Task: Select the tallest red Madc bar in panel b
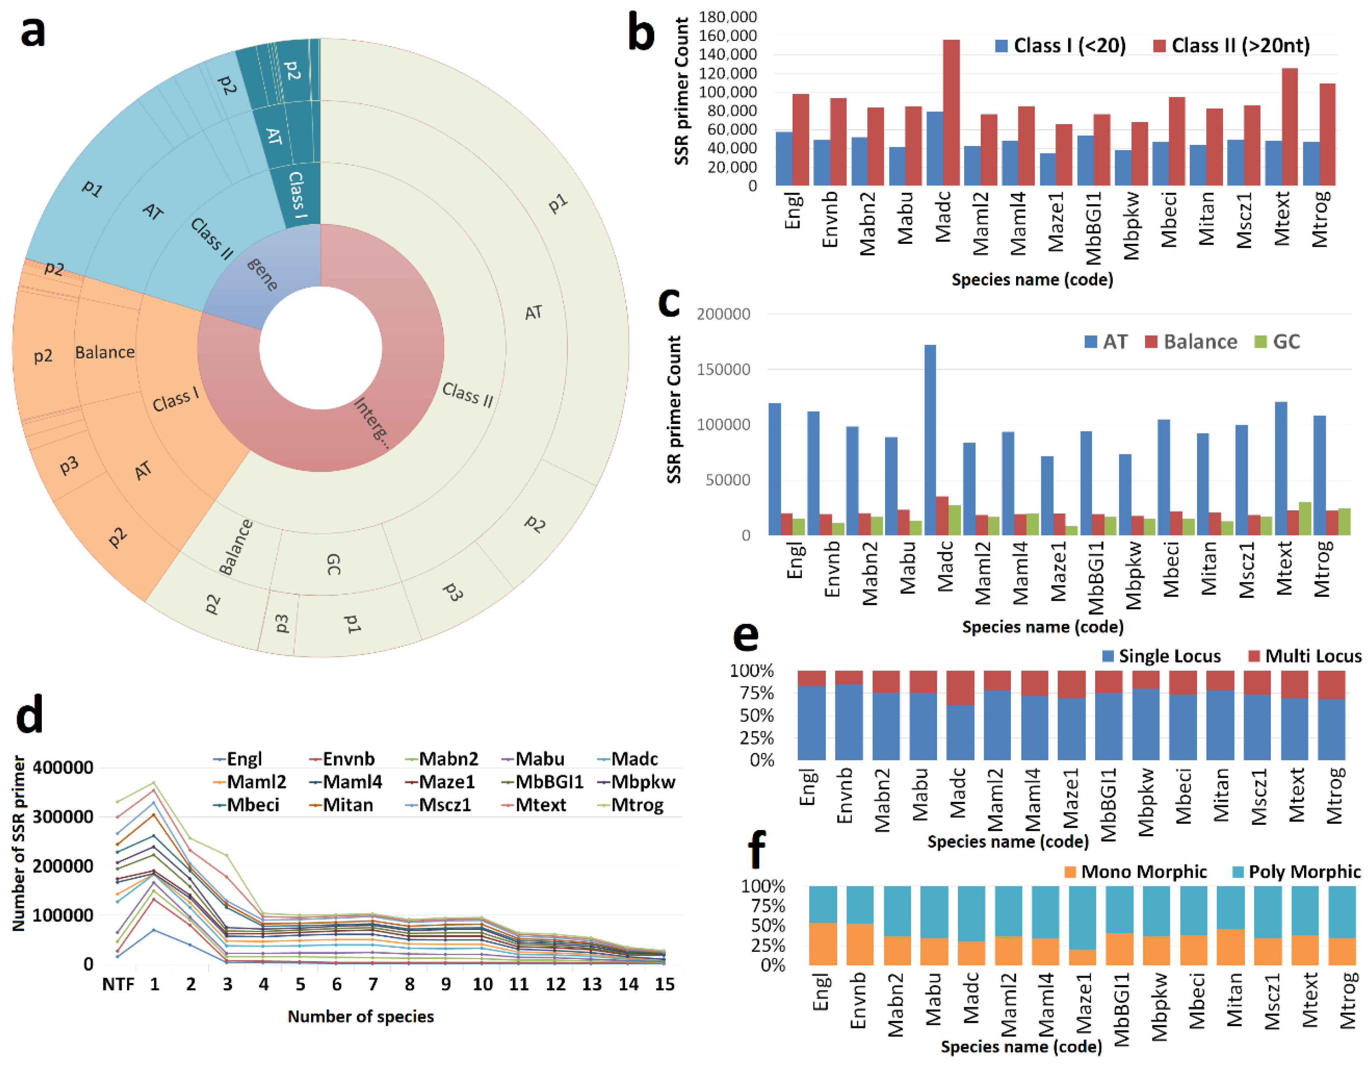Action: tap(951, 113)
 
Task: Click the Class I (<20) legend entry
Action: tap(1060, 46)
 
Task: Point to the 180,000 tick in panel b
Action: tap(727, 17)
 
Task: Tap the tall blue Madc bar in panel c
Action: tap(930, 439)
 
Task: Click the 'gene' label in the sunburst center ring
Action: tap(262, 274)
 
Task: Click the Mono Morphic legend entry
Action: tap(1135, 871)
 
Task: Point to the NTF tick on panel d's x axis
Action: tap(118, 984)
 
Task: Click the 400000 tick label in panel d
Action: tap(63, 767)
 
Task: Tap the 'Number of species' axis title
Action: tap(361, 1016)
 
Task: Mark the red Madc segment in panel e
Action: tap(960, 688)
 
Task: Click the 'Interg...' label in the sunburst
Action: tap(371, 422)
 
